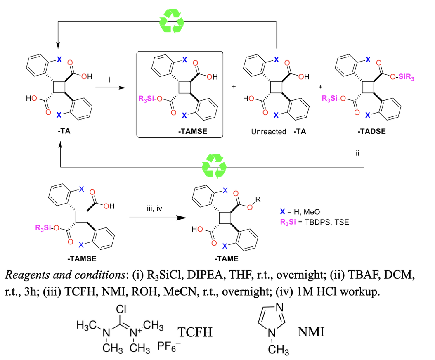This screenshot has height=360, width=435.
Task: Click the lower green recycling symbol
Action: (213, 166)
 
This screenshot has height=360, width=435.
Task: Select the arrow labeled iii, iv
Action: (154, 218)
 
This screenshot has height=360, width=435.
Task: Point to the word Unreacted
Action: (268, 132)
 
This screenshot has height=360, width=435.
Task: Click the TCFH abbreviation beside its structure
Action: (195, 332)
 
